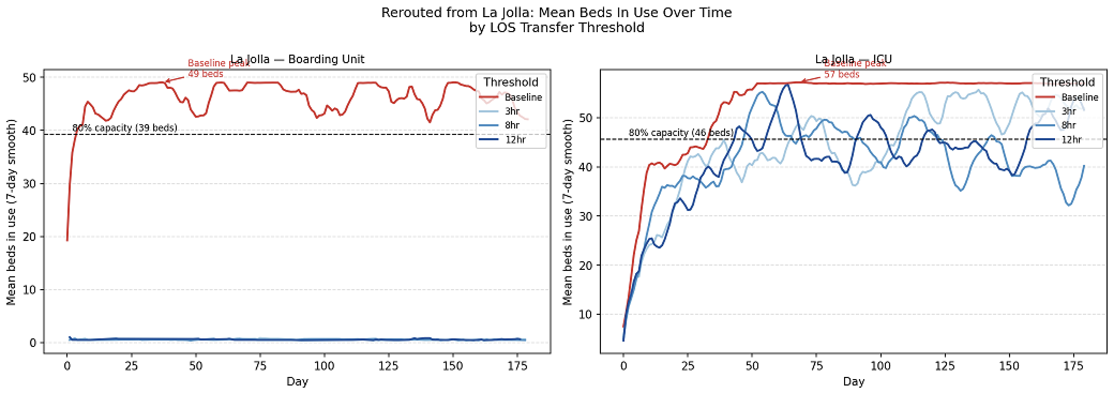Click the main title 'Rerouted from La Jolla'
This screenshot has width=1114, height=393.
point(556,13)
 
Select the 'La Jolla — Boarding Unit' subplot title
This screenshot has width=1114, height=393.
point(297,59)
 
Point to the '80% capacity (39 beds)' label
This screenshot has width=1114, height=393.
point(124,128)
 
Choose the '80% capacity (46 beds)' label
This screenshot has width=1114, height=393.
point(681,132)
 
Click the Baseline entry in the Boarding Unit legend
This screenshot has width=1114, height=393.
point(523,97)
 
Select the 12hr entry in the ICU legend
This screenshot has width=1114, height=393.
point(1071,140)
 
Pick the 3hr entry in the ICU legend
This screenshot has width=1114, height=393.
point(1068,111)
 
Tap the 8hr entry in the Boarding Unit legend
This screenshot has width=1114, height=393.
point(511,125)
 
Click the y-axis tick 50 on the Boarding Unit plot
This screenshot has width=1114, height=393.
point(29,78)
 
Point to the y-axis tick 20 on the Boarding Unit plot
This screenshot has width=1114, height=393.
point(29,237)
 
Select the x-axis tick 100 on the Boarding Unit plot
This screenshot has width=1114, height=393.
point(325,366)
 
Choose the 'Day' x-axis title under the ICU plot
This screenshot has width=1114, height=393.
point(853,382)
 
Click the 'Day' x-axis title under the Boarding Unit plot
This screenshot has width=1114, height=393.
point(297,382)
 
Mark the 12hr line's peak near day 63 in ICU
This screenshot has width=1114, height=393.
point(786,85)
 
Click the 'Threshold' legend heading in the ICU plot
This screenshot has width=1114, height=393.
point(1067,82)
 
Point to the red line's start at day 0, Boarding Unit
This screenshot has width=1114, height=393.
point(67,240)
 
